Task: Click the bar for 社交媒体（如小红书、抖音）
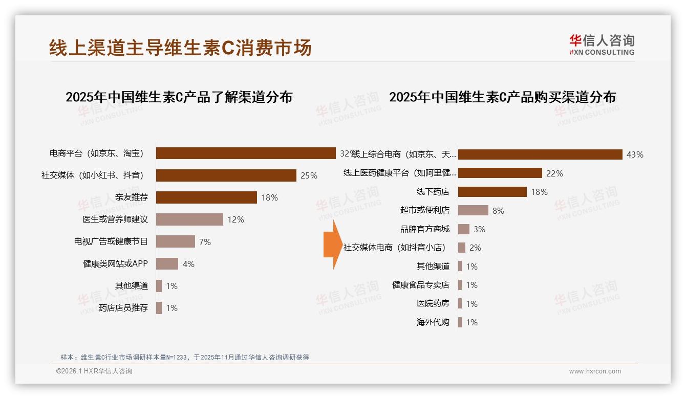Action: (226, 175)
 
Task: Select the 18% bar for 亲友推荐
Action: (206, 197)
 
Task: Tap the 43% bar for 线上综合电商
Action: (540, 154)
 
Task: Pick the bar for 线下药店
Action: (492, 192)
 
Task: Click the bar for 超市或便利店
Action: (473, 210)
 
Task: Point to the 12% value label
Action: (236, 219)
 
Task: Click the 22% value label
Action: (554, 173)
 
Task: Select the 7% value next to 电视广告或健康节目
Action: (205, 242)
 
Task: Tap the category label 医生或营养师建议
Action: (115, 219)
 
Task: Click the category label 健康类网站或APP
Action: (115, 264)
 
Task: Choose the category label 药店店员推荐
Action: (123, 308)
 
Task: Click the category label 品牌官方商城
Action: (425, 229)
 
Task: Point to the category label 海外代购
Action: (433, 322)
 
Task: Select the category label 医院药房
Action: (433, 303)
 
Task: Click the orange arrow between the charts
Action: (332, 245)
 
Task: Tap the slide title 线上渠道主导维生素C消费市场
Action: (180, 48)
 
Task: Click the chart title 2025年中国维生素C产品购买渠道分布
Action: (502, 97)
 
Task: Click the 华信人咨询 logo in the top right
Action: (602, 45)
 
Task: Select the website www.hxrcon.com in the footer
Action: (595, 371)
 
